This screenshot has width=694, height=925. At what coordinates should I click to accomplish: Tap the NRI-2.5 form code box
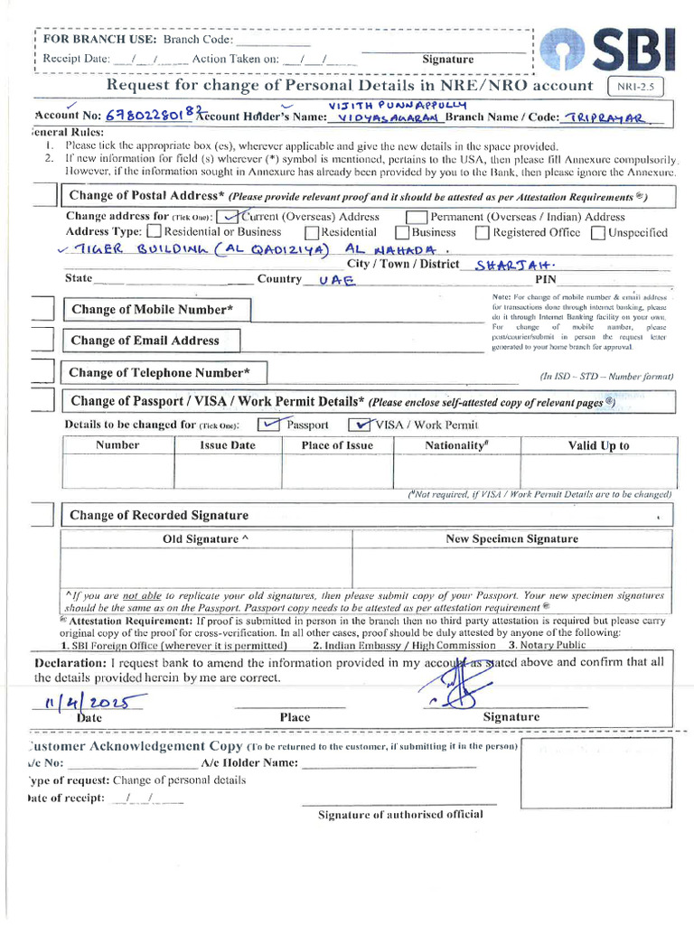(639, 87)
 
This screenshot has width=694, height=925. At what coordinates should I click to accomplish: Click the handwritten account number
(147, 116)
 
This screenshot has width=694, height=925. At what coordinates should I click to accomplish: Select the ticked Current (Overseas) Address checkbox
(230, 216)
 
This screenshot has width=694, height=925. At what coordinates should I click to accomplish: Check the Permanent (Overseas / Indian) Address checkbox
(417, 217)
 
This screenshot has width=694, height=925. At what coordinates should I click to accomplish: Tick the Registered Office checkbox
(482, 233)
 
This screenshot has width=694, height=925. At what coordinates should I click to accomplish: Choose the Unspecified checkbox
(598, 233)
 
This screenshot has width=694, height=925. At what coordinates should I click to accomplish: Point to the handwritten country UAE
(333, 280)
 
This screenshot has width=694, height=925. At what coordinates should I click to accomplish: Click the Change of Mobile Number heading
(157, 310)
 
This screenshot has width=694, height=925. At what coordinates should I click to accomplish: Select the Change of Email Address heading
(145, 341)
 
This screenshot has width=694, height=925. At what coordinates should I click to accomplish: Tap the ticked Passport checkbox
(269, 425)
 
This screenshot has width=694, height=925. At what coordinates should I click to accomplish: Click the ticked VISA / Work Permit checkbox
(361, 425)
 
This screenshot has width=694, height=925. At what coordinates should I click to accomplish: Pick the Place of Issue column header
(337, 445)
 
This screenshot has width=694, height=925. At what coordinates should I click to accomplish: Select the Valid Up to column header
(598, 445)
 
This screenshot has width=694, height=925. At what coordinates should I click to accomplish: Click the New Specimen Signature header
(511, 538)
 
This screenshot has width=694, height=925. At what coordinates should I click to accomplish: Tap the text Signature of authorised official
(400, 814)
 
